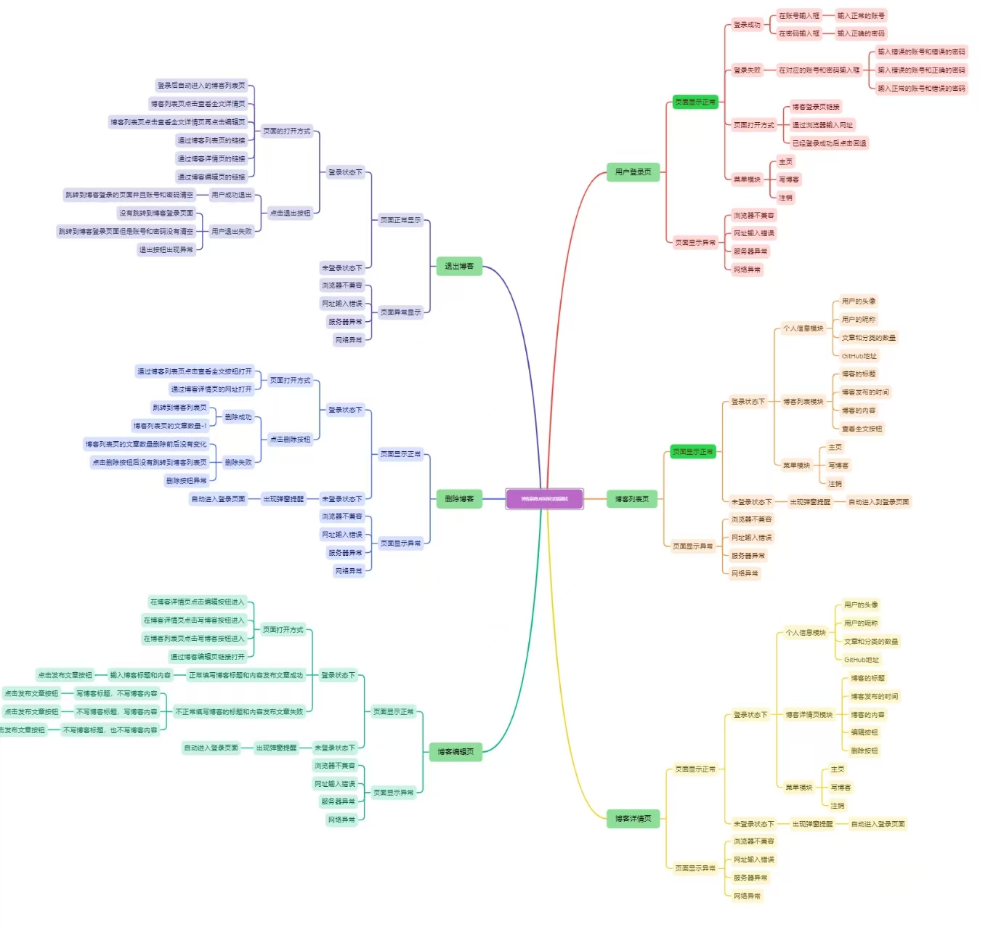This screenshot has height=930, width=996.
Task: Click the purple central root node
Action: click(x=544, y=498)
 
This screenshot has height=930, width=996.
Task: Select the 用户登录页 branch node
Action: click(x=633, y=172)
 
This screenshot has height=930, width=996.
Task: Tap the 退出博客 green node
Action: click(x=458, y=266)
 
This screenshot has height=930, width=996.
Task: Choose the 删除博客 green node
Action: click(x=458, y=498)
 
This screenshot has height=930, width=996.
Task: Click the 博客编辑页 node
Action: click(x=455, y=751)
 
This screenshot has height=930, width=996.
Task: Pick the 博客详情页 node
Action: click(x=633, y=819)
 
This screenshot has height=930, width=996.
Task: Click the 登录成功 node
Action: click(x=746, y=25)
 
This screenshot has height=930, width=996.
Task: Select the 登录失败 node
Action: click(x=746, y=70)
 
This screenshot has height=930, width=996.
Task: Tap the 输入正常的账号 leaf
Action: click(x=860, y=15)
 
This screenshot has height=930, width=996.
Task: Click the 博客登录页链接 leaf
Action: click(x=815, y=107)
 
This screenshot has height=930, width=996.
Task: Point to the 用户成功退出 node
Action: click(x=231, y=195)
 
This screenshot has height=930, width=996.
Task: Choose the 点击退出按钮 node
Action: click(x=290, y=213)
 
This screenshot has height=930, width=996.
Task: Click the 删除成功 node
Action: click(x=238, y=417)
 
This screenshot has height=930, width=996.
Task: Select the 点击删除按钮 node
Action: click(x=290, y=439)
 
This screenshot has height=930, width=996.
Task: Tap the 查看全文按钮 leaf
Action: click(x=862, y=429)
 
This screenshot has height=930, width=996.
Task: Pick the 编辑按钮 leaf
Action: click(x=864, y=732)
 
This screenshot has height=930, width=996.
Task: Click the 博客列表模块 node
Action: click(x=803, y=402)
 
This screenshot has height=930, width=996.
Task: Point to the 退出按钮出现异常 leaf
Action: click(x=166, y=250)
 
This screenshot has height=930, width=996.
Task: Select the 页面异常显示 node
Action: click(x=400, y=312)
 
